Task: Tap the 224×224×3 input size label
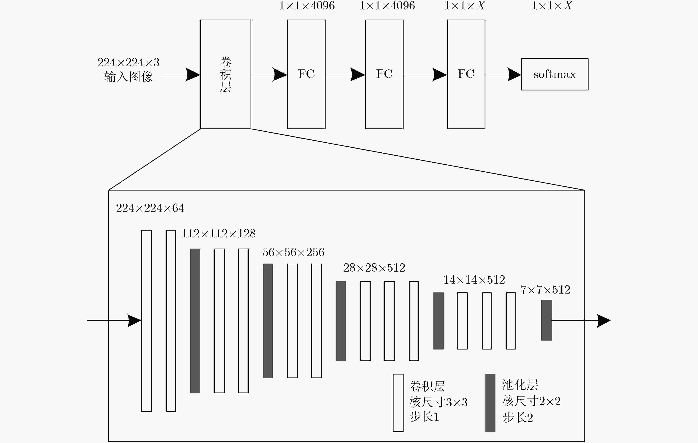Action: coord(128,62)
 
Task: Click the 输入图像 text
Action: coord(128,77)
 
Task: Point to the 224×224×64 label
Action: coord(150,208)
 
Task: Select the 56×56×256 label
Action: coord(293,252)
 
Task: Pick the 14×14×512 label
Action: coord(474,280)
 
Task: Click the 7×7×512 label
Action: coord(545,290)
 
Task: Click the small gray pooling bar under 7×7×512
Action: coord(546,320)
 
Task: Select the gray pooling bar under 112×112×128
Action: coord(195,321)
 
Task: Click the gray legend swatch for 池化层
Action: coord(490,403)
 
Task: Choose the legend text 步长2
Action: coord(518,418)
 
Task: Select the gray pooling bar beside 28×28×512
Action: coord(341,321)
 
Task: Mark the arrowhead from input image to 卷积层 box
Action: coord(193,75)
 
